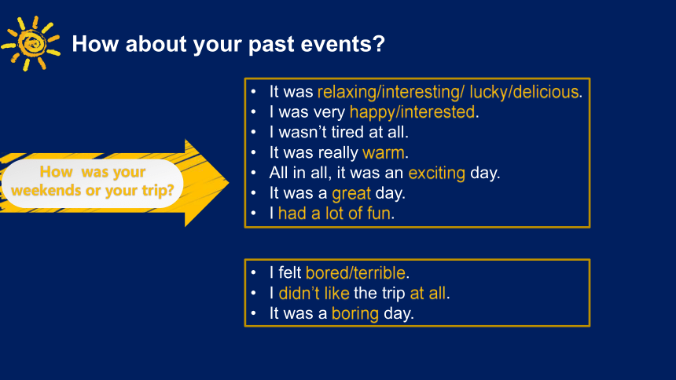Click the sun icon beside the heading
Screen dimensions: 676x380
pyautogui.click(x=31, y=43)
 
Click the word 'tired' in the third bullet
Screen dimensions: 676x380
pyautogui.click(x=347, y=132)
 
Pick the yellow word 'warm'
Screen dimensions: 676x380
pyautogui.click(x=384, y=153)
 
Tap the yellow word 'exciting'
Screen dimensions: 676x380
pyautogui.click(x=437, y=174)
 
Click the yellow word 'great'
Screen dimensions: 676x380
pyautogui.click(x=351, y=193)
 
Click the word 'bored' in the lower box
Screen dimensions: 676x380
pyautogui.click(x=327, y=273)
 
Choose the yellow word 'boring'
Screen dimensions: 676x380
pyautogui.click(x=355, y=314)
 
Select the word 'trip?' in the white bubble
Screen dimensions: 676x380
pyautogui.click(x=158, y=191)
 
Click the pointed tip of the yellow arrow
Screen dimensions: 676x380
pyautogui.click(x=229, y=183)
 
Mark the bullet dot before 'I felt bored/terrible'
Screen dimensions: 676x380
pyautogui.click(x=253, y=273)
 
